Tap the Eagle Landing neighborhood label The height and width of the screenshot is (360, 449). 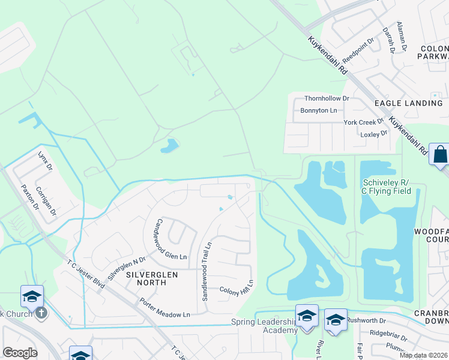[408, 103]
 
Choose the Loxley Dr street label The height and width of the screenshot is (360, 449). [374, 134]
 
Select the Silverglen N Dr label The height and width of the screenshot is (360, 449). [127, 267]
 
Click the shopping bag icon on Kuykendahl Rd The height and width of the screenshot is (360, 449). [439, 154]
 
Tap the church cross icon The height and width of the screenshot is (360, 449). [41, 313]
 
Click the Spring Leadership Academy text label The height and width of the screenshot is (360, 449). [264, 326]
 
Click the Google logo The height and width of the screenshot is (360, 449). [20, 353]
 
